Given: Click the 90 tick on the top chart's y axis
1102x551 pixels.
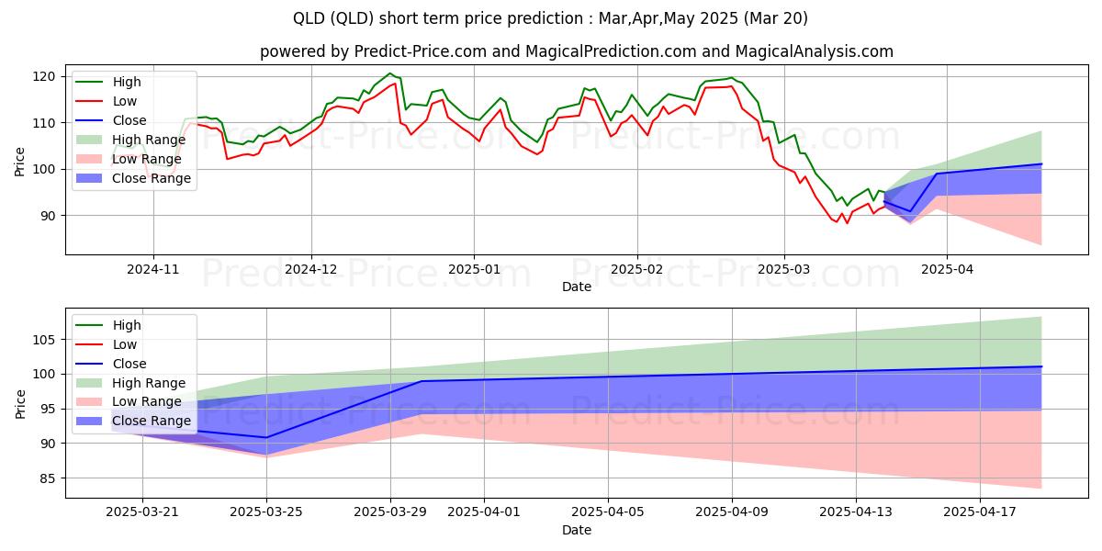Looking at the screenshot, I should [48, 216].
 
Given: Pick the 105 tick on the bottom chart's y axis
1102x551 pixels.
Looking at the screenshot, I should [45, 340].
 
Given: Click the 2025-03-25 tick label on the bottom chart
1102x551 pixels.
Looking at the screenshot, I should [266, 512].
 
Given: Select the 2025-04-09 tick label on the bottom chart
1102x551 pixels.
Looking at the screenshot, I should [732, 512].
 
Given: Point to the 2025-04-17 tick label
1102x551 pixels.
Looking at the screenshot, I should [980, 512].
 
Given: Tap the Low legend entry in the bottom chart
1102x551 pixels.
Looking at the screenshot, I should [124, 344].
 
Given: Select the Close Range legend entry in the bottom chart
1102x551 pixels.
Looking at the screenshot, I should [152, 422].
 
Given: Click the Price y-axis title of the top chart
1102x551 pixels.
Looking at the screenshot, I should [20, 161].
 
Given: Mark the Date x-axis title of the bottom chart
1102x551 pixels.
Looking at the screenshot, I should [576, 530].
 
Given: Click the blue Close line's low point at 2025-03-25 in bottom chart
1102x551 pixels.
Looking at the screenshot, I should [266, 437].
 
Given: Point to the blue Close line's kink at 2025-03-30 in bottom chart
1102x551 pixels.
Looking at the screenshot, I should [422, 381].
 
